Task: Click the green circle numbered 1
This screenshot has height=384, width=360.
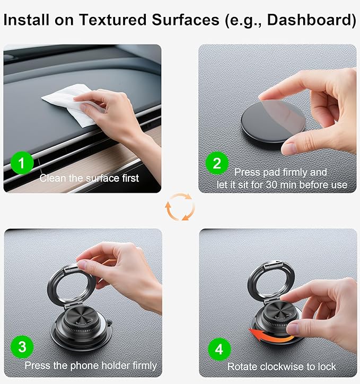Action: pos(22,163)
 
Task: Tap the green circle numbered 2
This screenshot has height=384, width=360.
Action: pos(217,163)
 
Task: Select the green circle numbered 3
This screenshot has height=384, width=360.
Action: pos(22,347)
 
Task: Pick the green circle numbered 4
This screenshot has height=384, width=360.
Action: pos(219,349)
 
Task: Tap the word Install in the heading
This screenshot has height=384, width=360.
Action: pos(26,20)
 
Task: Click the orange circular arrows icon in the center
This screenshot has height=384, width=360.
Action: pos(180,207)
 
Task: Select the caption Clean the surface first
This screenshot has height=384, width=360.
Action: pos(89,178)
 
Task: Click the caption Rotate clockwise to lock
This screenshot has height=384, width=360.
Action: pos(282,367)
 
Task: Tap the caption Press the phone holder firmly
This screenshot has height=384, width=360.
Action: pos(91,365)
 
